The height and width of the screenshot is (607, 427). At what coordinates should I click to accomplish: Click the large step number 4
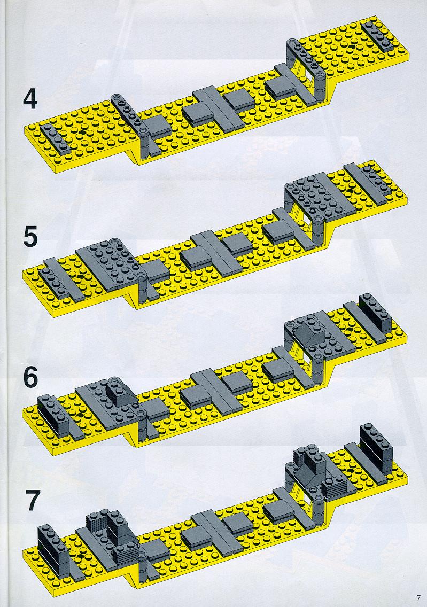[x=30, y=99]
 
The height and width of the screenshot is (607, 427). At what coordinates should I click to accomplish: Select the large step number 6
[x=30, y=377]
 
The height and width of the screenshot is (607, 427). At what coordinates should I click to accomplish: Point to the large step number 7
[x=33, y=500]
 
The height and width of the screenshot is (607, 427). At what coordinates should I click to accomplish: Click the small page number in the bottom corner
[x=418, y=598]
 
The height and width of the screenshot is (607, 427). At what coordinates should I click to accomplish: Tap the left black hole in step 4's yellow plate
[x=81, y=133]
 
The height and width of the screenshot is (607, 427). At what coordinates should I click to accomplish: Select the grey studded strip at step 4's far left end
[x=55, y=138]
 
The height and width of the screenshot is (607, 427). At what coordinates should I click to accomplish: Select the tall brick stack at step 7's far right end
[x=376, y=449]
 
